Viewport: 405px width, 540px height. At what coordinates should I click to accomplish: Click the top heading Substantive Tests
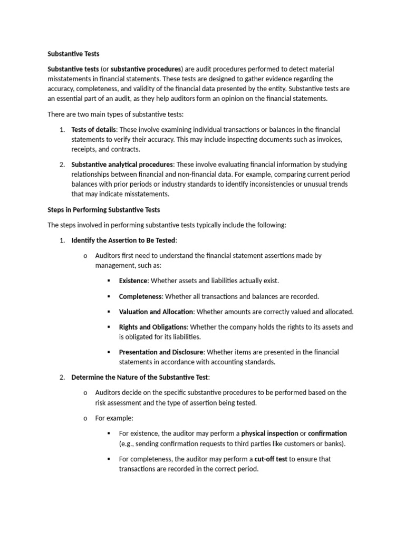[x=73, y=54]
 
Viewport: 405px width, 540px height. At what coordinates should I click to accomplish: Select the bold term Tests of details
[x=93, y=129]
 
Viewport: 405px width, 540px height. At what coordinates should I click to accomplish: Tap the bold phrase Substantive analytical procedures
[x=122, y=165]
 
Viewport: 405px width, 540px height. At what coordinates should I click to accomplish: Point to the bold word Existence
[x=133, y=281]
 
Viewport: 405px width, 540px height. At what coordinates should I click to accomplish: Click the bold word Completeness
[x=140, y=296]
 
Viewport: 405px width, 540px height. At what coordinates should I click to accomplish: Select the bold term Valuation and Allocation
[x=156, y=312]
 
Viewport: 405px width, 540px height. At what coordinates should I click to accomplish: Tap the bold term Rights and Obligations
[x=152, y=327]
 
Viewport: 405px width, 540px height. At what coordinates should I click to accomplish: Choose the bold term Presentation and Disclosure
[x=161, y=352]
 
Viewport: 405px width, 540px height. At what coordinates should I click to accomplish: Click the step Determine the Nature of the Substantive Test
[x=140, y=377]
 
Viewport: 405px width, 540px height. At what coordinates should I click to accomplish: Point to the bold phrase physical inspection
[x=269, y=433]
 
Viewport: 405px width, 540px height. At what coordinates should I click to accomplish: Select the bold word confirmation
[x=327, y=433]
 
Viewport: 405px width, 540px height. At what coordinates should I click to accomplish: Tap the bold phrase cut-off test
[x=271, y=459]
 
